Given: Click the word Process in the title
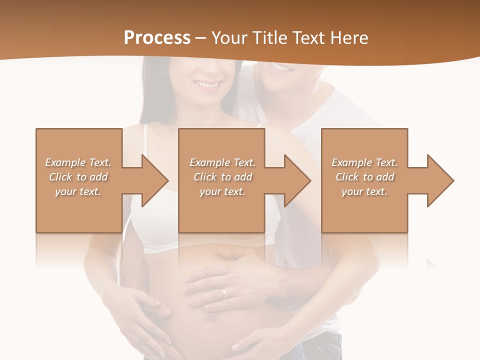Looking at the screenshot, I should click(x=157, y=38).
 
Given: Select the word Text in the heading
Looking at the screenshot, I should click(x=309, y=38).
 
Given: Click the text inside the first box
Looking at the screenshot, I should click(x=78, y=177).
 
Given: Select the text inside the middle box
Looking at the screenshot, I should click(x=222, y=177).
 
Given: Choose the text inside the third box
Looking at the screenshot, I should click(x=364, y=177).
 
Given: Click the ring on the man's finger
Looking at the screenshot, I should click(x=224, y=292).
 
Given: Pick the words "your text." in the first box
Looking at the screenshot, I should click(x=78, y=191).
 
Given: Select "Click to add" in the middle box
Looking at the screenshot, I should click(x=222, y=177).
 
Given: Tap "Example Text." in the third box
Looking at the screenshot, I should click(x=364, y=162).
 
